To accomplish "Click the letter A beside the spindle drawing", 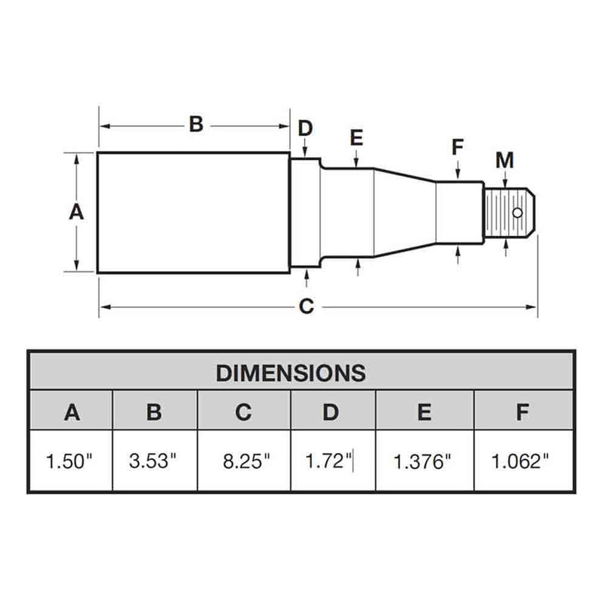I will [76, 212].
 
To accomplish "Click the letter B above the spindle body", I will [196, 124].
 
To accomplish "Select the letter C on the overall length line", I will [306, 307].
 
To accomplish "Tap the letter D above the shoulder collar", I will [304, 127].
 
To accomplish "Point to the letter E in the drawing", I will [357, 137].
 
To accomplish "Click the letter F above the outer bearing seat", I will [457, 147].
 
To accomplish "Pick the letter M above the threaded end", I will [505, 160].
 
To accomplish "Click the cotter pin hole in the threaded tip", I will [517, 213].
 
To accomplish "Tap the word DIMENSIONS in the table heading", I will [291, 373].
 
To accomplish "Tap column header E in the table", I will [424, 412].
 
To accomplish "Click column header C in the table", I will [244, 412].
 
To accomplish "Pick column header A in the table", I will [71, 412].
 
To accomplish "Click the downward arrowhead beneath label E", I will [357, 162].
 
